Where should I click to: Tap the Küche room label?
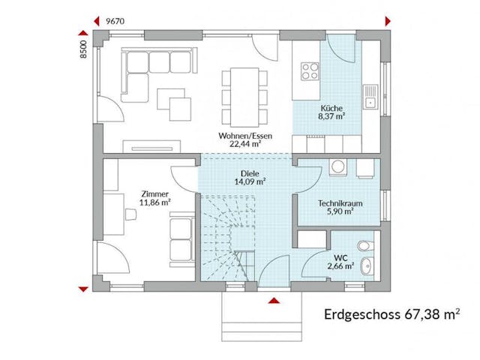331,107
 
